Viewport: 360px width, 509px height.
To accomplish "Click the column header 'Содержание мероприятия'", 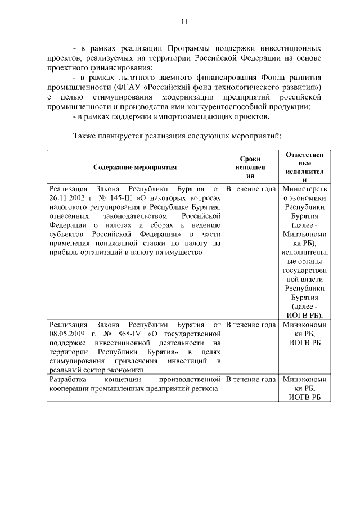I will tap(135, 167).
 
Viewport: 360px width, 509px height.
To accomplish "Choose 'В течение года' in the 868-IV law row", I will tap(250, 325).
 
